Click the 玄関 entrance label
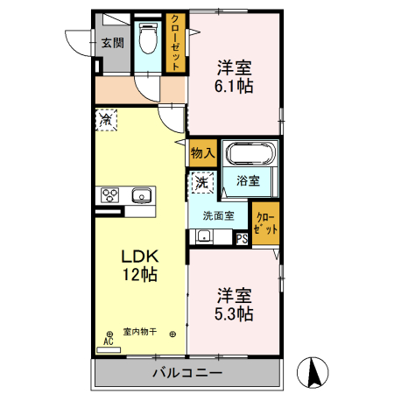click(111, 43)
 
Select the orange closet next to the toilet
click(176, 42)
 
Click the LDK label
click(137, 257)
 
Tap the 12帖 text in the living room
click(137, 275)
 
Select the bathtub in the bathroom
click(251, 155)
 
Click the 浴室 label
click(248, 181)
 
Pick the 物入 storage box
click(202, 152)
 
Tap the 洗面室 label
click(218, 215)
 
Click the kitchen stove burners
click(110, 194)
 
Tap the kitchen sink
click(140, 194)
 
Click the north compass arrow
click(313, 372)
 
